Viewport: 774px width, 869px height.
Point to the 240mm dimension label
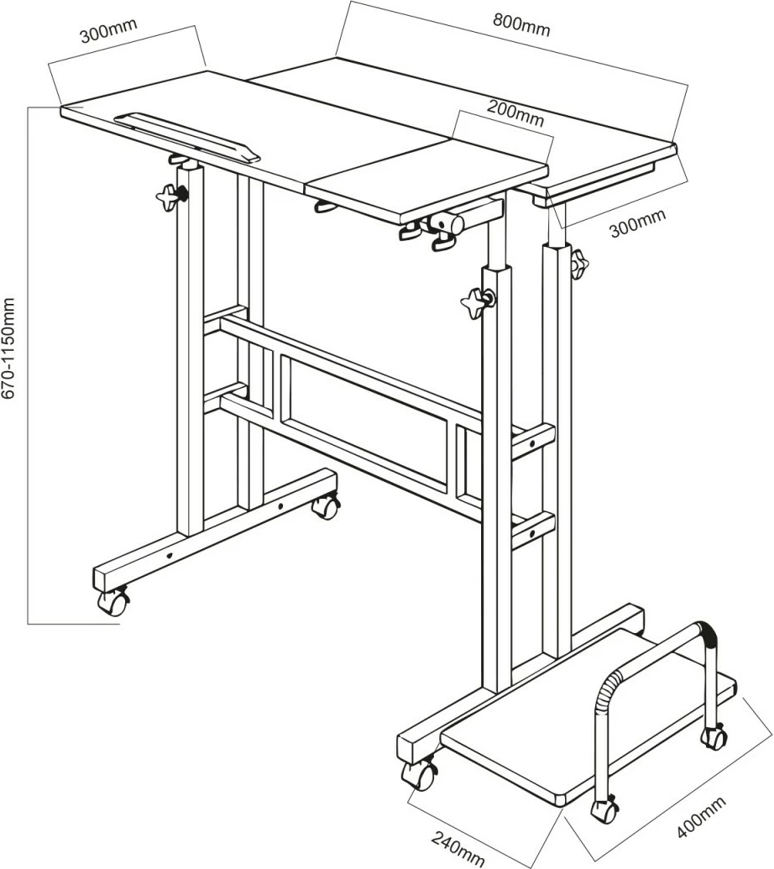pyautogui.click(x=458, y=849)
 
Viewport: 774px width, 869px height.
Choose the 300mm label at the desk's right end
pyautogui.click(x=637, y=222)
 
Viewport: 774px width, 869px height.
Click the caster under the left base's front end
pyautogui.click(x=112, y=601)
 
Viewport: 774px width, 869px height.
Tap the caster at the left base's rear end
pyautogui.click(x=326, y=506)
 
